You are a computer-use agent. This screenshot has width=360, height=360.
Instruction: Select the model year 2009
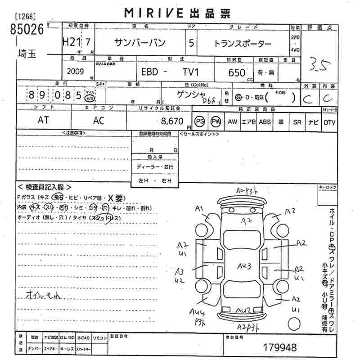[75, 71]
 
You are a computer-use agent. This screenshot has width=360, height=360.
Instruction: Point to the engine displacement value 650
[237, 72]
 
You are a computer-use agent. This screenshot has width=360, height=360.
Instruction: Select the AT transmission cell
[43, 121]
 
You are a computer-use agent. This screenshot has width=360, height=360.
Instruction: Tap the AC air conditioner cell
[98, 121]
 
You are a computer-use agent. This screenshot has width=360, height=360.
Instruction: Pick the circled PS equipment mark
[199, 121]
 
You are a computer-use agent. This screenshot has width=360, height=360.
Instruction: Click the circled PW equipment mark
[216, 121]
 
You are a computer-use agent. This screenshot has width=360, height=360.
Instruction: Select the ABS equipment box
[265, 121]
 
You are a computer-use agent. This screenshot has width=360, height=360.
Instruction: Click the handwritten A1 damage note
[200, 208]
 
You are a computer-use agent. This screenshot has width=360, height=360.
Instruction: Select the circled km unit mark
[90, 97]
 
